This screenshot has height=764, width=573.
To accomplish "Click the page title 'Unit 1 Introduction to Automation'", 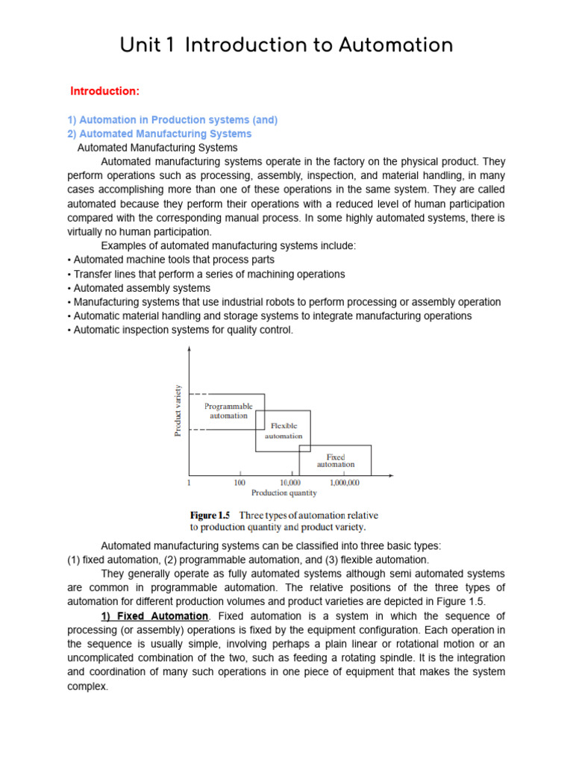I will click(286, 46).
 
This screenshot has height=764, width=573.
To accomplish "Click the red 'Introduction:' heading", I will click(104, 91).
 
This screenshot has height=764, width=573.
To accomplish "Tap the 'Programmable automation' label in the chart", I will click(228, 411).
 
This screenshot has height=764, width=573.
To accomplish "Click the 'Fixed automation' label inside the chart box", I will click(336, 460).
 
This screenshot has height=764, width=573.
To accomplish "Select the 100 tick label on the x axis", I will click(239, 483).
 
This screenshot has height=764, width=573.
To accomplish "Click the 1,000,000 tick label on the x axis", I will click(344, 483).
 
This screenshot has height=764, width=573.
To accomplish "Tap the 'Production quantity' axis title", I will click(284, 493).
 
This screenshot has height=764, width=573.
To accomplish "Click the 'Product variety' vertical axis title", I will click(178, 410).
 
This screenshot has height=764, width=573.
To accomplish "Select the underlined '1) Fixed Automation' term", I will click(154, 616).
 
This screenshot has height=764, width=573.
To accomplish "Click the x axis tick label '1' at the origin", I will click(190, 483).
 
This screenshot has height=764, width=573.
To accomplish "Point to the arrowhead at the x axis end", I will click(392, 475).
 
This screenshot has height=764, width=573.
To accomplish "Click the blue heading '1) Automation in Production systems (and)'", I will click(172, 120).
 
